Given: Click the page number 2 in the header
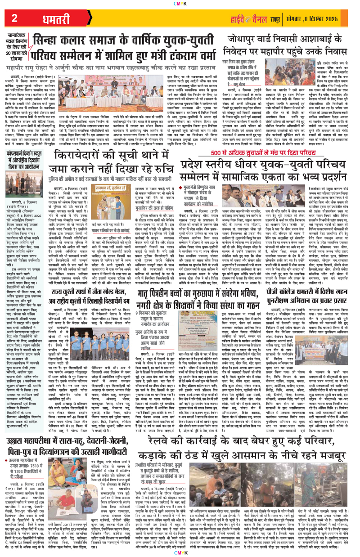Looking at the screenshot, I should pyautogui.click(x=15, y=18).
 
